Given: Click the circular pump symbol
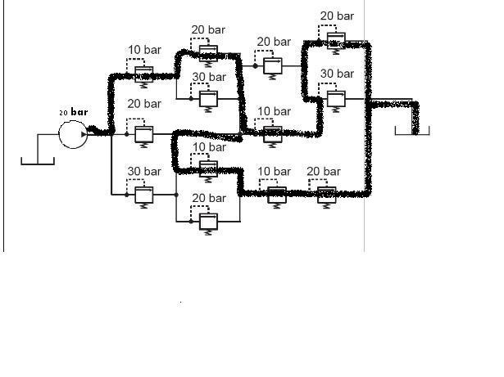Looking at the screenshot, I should point(72,133).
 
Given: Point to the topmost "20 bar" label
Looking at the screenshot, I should point(337,16).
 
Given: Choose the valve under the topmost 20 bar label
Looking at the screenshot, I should point(335,41).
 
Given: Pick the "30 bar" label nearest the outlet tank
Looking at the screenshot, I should point(337,74).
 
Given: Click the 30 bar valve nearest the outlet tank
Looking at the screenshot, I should point(335,99).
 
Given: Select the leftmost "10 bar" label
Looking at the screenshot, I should point(144,50).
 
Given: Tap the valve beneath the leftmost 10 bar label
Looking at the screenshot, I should point(144,75).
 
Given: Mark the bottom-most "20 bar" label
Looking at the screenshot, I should point(208,198).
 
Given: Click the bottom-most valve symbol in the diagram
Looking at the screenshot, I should point(207,222).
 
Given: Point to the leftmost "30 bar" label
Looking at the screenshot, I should point(144,171).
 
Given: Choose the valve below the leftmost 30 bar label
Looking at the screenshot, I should point(144,195).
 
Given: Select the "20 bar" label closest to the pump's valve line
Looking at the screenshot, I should point(144,105).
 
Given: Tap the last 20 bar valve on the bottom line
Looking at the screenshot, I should point(327,195).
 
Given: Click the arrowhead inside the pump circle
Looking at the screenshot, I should point(84,133).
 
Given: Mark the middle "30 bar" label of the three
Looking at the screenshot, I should point(208,77).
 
